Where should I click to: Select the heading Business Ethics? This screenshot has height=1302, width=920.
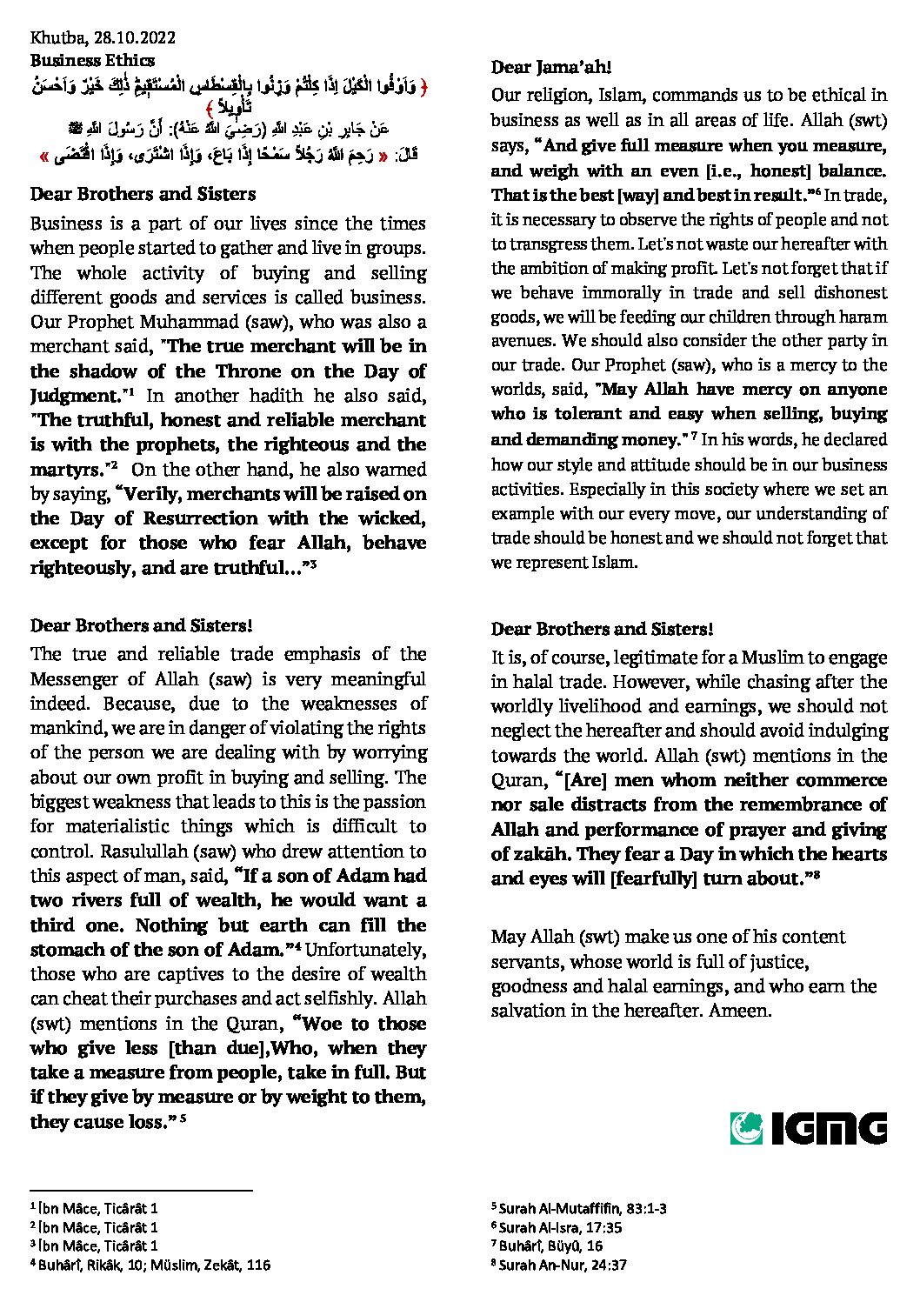click(92, 60)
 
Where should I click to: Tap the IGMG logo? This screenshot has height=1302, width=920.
click(808, 1128)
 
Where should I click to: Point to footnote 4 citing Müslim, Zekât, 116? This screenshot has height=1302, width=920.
click(150, 1265)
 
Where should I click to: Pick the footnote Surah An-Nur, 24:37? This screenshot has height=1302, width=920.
click(563, 1265)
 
